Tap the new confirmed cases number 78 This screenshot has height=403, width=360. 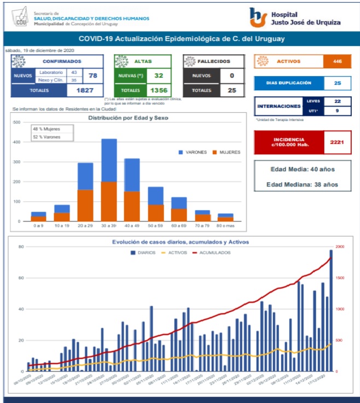pyautogui.click(x=92, y=75)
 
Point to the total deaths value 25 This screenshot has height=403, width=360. pyautogui.click(x=232, y=90)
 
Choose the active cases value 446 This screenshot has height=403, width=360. pyautogui.click(x=337, y=61)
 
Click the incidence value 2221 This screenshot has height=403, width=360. pyautogui.click(x=336, y=142)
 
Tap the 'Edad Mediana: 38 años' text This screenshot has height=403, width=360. pyautogui.click(x=302, y=184)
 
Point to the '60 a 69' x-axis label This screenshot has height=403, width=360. pyautogui.click(x=178, y=225)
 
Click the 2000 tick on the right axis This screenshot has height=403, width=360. pyautogui.click(x=339, y=247)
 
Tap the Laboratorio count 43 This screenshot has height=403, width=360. pyautogui.click(x=73, y=72)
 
